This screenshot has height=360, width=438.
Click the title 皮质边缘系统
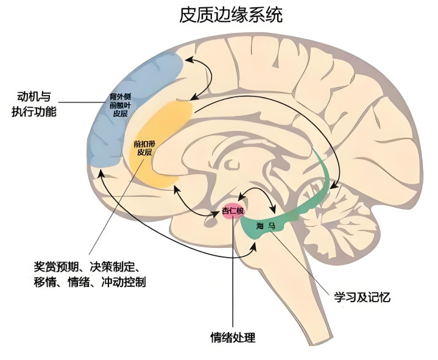pyautogui.click(x=231, y=15)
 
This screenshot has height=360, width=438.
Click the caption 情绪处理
pyautogui.click(x=233, y=337)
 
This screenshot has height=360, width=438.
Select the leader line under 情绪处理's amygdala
pyautogui.click(x=232, y=274)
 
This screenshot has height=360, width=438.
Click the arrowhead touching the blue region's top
pyautogui.click(x=188, y=59)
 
